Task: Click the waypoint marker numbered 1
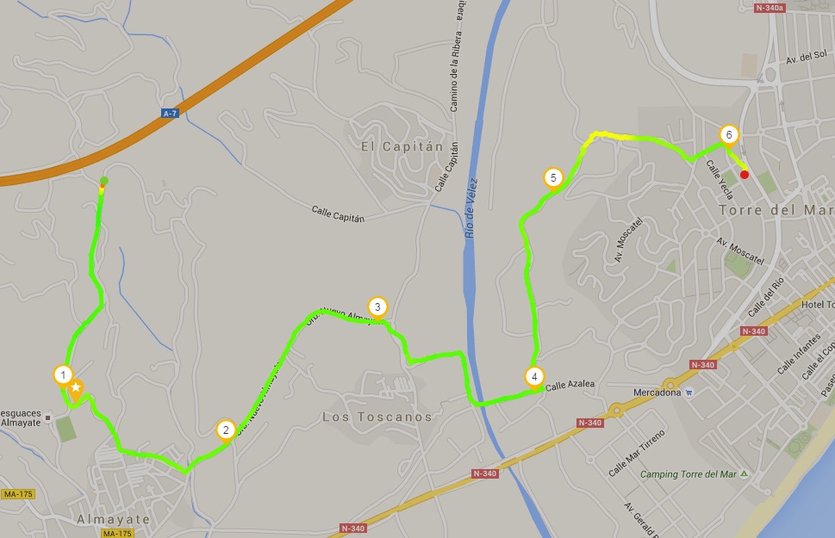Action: [62, 375]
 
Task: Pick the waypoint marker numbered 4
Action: [534, 377]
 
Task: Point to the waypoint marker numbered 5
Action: [553, 179]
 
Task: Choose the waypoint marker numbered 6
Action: [729, 135]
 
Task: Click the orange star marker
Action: [76, 388]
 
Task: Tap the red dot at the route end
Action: [745, 175]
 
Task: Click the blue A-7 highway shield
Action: [170, 114]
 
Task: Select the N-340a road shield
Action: [770, 9]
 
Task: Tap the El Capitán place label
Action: [402, 146]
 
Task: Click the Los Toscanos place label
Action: [377, 417]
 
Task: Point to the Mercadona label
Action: [658, 393]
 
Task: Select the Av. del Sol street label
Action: [807, 59]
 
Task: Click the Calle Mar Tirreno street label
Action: [637, 453]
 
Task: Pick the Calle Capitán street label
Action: [338, 213]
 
